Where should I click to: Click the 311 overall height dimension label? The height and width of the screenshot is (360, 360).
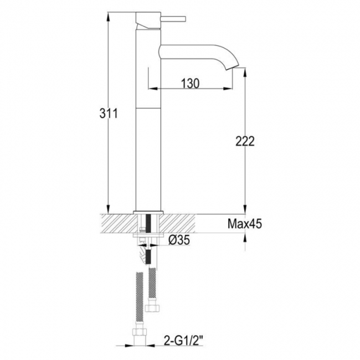tap(108, 114)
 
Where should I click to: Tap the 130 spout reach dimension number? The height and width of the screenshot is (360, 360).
tap(189, 83)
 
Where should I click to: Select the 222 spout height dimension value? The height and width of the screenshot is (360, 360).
tap(244, 141)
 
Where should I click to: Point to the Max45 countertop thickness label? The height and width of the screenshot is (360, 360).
tap(244, 224)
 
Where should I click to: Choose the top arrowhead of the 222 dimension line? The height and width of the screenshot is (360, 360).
tap(244, 71)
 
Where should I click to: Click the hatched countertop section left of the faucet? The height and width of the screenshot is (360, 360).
tap(116, 224)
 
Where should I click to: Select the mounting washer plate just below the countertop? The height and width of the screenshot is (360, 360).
tap(148, 235)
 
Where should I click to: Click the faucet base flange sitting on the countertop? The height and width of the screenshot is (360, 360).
tap(148, 212)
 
